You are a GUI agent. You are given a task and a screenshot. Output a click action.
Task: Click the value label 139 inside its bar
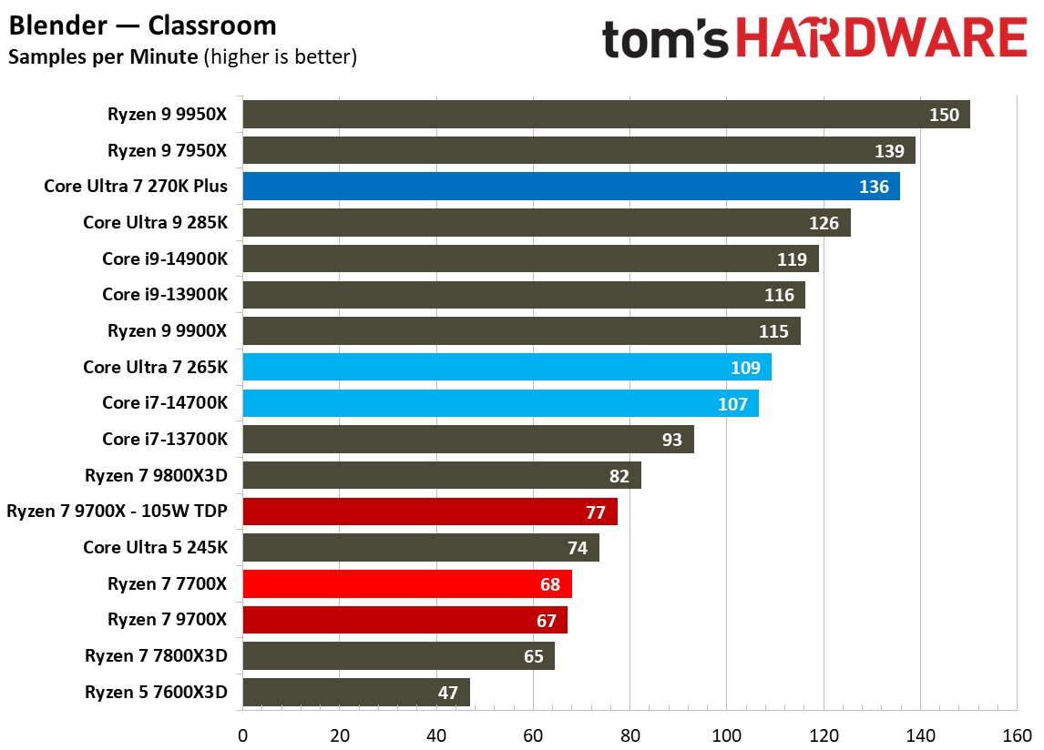coord(889,151)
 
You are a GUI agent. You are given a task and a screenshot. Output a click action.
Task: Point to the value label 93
coord(671,440)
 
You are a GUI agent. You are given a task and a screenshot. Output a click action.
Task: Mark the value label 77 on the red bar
coord(595,512)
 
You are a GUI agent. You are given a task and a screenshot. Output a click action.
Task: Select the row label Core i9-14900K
coord(165,258)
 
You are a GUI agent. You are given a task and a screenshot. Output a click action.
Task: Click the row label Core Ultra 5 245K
coord(155,547)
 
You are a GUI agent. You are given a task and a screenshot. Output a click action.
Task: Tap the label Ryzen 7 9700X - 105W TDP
coord(117,512)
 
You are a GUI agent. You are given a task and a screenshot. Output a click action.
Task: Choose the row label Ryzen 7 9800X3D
coord(156,475)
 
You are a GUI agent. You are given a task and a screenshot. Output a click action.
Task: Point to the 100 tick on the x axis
coord(726,734)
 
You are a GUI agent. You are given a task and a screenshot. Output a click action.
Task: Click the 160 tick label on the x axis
coord(1017,734)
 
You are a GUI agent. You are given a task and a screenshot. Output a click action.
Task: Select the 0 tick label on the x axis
coord(242,734)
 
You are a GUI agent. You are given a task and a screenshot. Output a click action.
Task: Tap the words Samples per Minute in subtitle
coord(103,56)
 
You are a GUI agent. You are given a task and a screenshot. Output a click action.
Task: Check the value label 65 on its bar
coord(533,656)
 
